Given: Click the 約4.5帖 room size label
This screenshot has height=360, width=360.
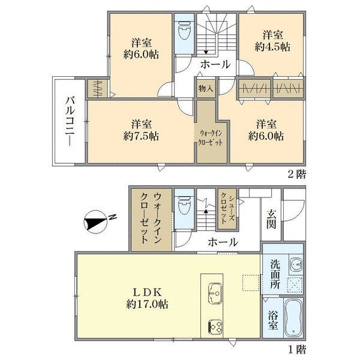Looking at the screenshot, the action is pyautogui.click(x=272, y=47).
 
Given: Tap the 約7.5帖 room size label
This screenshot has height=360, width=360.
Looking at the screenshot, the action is pyautogui.click(x=141, y=136).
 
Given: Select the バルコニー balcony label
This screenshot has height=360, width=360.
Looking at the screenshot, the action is pyautogui.click(x=70, y=121).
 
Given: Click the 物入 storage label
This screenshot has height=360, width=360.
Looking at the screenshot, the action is pyautogui.click(x=206, y=88).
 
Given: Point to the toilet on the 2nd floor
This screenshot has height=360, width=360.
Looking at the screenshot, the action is pyautogui.click(x=185, y=33).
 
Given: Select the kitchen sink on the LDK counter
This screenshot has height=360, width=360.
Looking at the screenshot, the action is pyautogui.click(x=214, y=293).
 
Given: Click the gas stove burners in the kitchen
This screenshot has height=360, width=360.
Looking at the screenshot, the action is pyautogui.click(x=215, y=326).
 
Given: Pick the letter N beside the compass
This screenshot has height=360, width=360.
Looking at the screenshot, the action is pyautogui.click(x=113, y=217).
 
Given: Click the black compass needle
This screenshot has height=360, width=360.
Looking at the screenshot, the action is pyautogui.click(x=95, y=223).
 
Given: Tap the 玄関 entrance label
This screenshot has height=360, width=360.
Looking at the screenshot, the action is pyautogui.click(x=271, y=219).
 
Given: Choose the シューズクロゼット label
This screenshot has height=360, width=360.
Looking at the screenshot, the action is pyautogui.click(x=227, y=208).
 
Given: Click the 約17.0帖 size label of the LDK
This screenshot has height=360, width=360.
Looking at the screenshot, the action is pyautogui.click(x=147, y=304).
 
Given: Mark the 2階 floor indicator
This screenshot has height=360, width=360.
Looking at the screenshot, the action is pyautogui.click(x=297, y=175).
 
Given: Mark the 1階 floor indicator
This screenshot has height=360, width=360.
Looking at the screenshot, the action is pyautogui.click(x=297, y=350).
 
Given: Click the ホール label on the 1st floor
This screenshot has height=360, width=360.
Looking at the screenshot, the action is pyautogui.click(x=223, y=242).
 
